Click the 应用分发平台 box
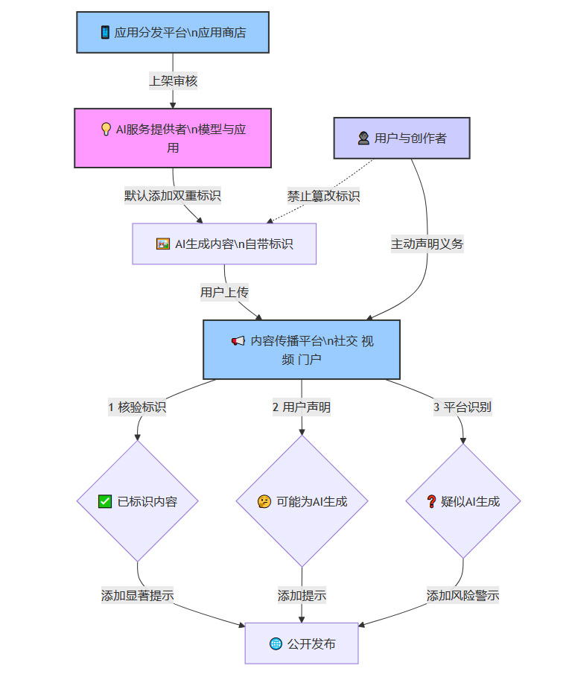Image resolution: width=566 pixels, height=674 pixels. click(x=173, y=32)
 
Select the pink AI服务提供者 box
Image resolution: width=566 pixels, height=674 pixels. click(x=173, y=138)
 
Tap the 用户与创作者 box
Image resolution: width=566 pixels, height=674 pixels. click(x=401, y=138)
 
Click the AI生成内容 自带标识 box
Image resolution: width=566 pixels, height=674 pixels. click(x=224, y=244)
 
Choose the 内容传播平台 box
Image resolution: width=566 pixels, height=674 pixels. click(x=302, y=349)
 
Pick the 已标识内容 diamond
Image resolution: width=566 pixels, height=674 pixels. click(x=138, y=501)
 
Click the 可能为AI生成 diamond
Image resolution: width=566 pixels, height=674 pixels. click(x=302, y=501)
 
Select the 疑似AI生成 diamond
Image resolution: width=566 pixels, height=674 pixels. click(x=462, y=501)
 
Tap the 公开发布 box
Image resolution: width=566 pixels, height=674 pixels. click(x=302, y=643)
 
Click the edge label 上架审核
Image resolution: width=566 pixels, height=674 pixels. click(x=174, y=80)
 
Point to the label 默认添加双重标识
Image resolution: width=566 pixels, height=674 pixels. click(x=173, y=196)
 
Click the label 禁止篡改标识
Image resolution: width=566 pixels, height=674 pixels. click(x=324, y=196)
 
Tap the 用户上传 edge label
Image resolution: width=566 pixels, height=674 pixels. click(x=224, y=292)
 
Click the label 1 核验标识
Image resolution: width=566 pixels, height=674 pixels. click(x=137, y=407)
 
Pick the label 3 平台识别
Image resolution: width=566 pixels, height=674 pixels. click(x=462, y=407)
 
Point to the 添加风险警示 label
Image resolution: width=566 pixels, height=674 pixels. click(x=462, y=596)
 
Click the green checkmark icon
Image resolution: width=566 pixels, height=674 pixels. click(x=105, y=501)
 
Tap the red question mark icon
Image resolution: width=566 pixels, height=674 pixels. click(x=430, y=501)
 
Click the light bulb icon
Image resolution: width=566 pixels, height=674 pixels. click(x=106, y=129)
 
